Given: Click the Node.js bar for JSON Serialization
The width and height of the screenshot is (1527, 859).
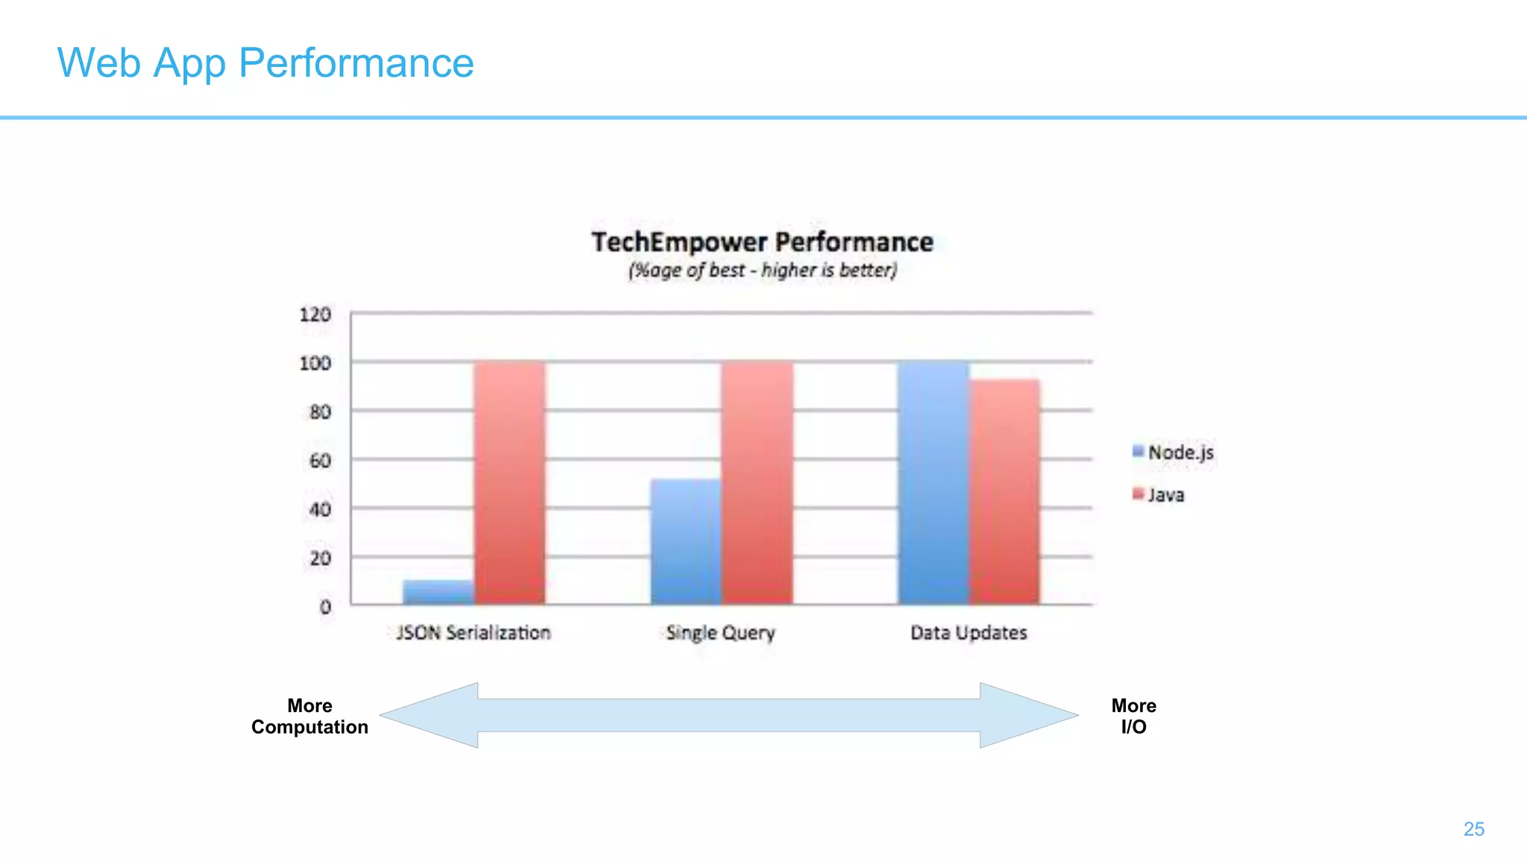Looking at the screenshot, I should coord(438,592).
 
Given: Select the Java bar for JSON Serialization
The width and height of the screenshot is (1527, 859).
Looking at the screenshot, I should coord(510,482).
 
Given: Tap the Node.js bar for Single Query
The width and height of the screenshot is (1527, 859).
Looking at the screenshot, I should coord(686,541).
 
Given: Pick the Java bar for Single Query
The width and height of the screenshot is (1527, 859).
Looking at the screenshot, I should coord(758,482).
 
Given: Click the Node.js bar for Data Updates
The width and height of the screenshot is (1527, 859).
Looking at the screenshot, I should coord(933,482).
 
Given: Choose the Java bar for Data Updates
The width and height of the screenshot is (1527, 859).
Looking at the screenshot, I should coord(1005,491).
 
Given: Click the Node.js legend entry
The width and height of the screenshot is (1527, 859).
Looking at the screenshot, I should coord(1174,452).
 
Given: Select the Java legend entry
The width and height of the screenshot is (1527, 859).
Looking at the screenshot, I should coord(1159,494).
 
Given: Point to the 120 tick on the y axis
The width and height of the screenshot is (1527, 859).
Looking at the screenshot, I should coord(315,314).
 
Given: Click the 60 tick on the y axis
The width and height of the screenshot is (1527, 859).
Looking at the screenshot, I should coord(320,461).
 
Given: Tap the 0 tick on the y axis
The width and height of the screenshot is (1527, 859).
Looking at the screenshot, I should coord(325,607).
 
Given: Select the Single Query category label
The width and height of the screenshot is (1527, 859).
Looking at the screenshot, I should coord(720,632).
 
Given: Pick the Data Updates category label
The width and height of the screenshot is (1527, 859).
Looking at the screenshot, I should coord(969,632).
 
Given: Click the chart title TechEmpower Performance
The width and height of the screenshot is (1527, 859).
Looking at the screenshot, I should coord(762,242).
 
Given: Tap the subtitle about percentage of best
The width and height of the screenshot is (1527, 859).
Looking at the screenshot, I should coord(762,270).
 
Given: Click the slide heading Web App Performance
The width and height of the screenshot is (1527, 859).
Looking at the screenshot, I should coord(265,63).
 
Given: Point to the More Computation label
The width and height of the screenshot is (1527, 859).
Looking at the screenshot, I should coord(309,716).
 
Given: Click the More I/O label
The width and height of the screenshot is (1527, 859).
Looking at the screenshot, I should coord(1133,716).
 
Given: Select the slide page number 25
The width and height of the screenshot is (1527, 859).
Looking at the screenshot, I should coord(1473,828).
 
